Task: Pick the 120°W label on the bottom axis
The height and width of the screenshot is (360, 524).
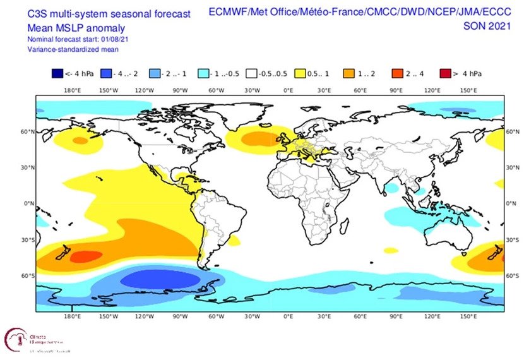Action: (x=144, y=316)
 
